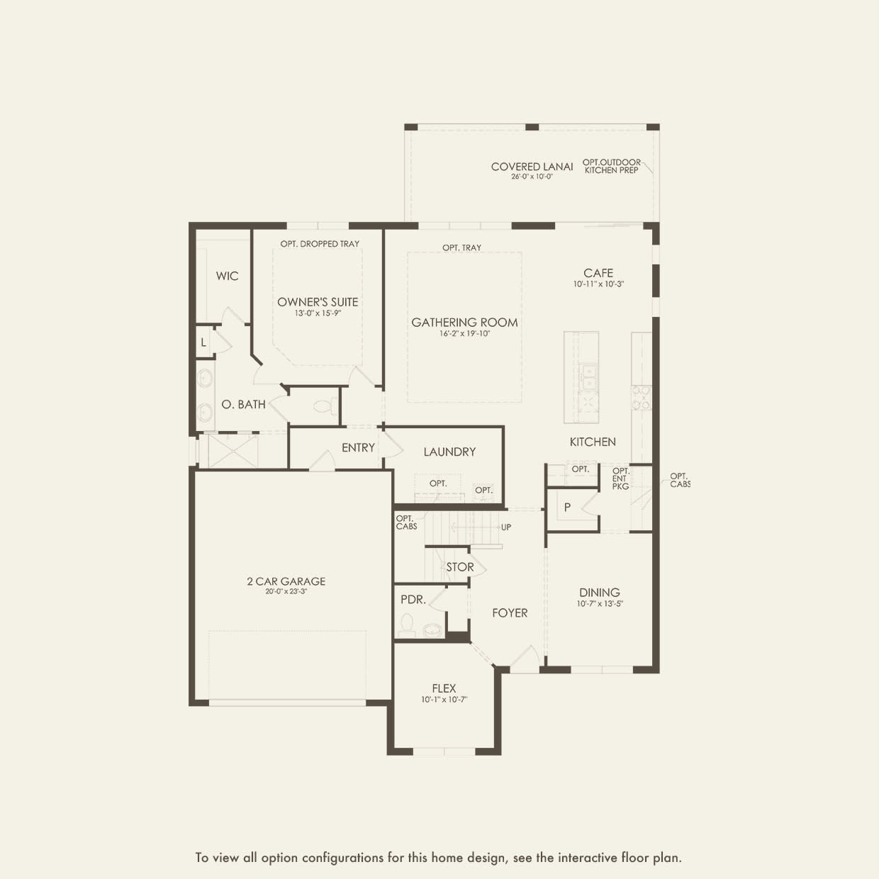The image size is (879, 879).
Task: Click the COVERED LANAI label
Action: (532, 167)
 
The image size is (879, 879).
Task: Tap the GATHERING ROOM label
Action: (464, 323)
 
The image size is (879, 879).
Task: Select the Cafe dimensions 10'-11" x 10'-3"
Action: (598, 284)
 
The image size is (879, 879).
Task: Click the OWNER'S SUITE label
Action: (318, 302)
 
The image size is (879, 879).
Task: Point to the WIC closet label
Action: (227, 276)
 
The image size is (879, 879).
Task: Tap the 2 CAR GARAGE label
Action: (286, 581)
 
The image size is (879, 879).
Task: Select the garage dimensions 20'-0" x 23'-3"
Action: (286, 591)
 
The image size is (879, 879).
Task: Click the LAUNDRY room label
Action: (449, 452)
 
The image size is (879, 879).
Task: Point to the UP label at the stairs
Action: (506, 527)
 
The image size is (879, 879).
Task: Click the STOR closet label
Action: (459, 567)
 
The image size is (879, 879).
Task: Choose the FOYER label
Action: (510, 612)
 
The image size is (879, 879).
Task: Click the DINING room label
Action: (599, 593)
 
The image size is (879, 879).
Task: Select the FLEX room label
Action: (444, 688)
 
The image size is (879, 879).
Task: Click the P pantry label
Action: (567, 508)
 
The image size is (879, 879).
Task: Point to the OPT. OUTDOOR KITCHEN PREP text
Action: (611, 167)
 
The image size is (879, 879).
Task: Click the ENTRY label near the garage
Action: (358, 447)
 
